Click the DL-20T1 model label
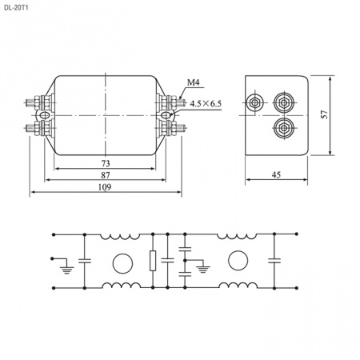[16, 7]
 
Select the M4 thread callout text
[193, 82]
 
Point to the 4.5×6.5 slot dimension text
[206, 103]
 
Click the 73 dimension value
[106, 163]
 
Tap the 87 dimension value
[106, 175]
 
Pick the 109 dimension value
[105, 187]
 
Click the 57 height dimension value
[325, 114]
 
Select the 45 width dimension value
[276, 174]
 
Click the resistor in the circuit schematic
[153, 261]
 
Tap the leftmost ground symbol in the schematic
[66, 270]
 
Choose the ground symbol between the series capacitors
[203, 269]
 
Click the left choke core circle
[122, 263]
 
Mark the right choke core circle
[238, 261]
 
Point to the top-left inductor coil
[120, 237]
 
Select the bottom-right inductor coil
[238, 286]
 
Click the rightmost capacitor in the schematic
[274, 261]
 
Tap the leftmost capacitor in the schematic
[85, 261]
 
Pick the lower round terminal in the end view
[284, 128]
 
